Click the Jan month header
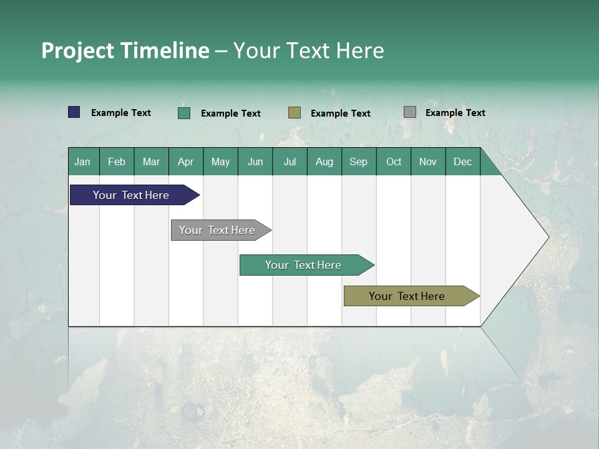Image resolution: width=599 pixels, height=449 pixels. (x=83, y=162)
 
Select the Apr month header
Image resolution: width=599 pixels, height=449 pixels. (x=186, y=162)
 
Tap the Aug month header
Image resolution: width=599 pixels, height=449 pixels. (x=324, y=162)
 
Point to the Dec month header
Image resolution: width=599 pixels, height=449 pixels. (x=463, y=162)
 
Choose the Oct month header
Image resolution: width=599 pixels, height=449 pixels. (x=394, y=162)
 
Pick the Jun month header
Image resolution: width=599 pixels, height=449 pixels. (x=255, y=162)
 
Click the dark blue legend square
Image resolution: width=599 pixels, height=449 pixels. (x=74, y=112)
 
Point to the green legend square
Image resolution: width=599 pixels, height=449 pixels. (x=184, y=113)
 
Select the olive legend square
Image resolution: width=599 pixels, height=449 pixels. (x=295, y=113)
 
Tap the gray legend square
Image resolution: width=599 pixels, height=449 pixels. (x=410, y=112)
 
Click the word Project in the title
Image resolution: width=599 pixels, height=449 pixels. (x=77, y=51)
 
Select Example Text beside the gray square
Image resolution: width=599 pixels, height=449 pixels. (x=455, y=112)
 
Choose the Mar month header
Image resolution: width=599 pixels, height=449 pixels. (x=151, y=162)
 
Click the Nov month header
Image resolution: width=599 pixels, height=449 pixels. (x=428, y=162)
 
